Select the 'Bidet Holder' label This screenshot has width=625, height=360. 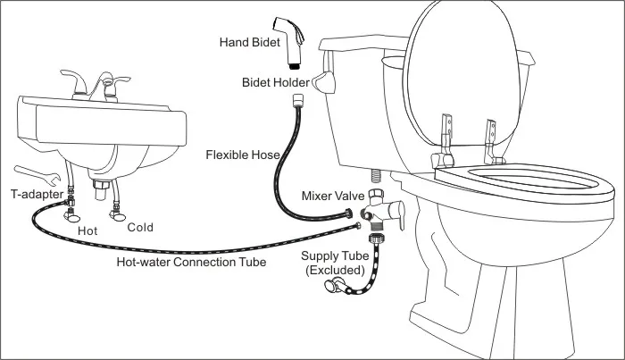274,82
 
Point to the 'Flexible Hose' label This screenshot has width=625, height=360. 244,155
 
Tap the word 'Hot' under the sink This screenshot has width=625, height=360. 88,230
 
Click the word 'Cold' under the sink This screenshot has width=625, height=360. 140,227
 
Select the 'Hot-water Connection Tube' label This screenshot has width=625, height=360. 191,262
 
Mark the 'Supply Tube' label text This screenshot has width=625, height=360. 336,256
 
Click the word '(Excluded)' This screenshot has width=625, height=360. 336,269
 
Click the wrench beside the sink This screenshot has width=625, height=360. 37,173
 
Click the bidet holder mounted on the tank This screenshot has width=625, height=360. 321,85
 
